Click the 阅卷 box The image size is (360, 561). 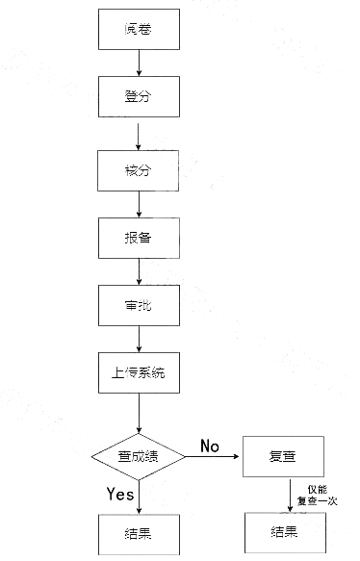click(139, 31)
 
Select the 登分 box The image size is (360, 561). click(139, 98)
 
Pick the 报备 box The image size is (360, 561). click(139, 238)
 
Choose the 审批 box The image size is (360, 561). click(139, 306)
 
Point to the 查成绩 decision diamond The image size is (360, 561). click(139, 458)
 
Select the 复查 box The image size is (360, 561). click(283, 458)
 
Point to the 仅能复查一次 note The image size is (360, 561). click(317, 496)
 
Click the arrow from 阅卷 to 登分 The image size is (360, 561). click(140, 64)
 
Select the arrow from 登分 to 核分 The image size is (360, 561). click(140, 134)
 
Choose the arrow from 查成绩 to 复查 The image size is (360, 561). click(214, 458)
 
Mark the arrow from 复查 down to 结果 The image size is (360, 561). click(290, 496)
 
